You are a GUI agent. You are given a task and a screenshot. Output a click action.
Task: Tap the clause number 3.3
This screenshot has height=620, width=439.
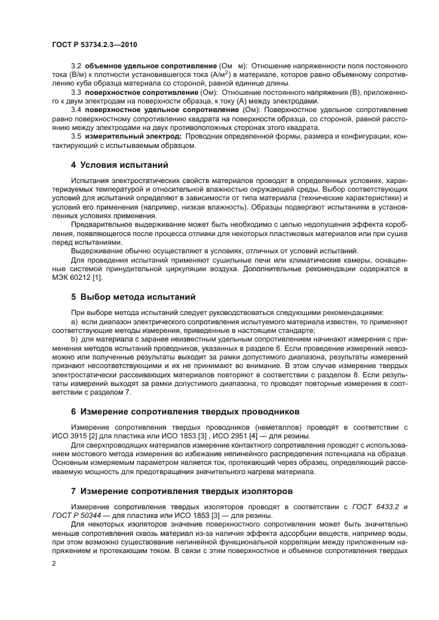click(x=76, y=92)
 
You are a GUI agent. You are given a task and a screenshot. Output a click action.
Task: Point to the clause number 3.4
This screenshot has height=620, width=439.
click(x=76, y=108)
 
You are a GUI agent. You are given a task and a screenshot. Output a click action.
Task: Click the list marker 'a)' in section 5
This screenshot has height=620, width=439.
click(x=74, y=321)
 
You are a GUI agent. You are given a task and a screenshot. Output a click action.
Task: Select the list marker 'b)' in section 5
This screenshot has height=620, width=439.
click(x=74, y=338)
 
